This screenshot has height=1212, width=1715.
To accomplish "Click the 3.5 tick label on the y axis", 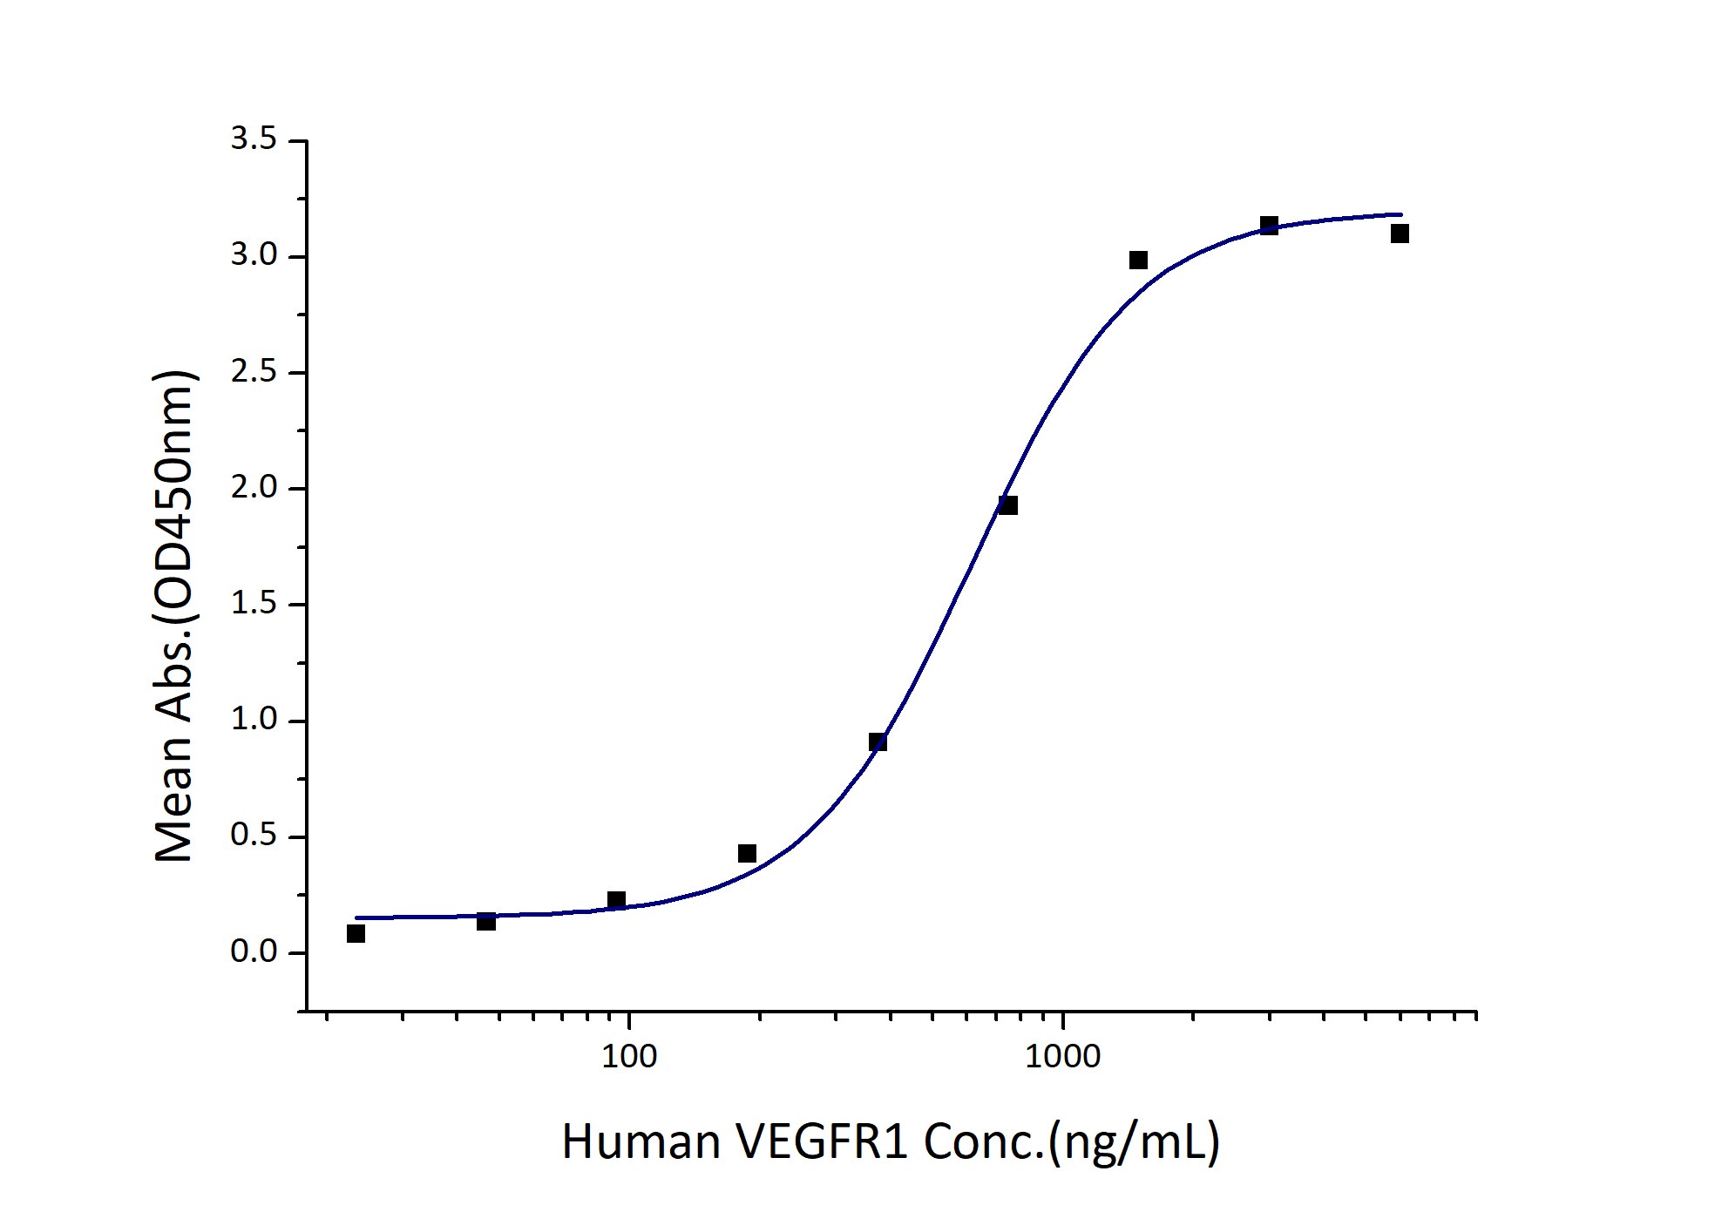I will click(x=253, y=141).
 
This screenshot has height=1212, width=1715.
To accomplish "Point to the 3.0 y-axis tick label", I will click(x=253, y=257).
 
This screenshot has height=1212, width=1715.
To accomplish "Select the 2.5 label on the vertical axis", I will click(x=253, y=373).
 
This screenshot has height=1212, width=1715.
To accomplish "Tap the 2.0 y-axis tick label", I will click(x=253, y=489).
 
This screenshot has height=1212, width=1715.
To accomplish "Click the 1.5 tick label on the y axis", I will click(x=253, y=605).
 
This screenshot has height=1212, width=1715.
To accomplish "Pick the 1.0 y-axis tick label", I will click(x=253, y=721).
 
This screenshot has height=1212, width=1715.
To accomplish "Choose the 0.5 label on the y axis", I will click(x=253, y=837).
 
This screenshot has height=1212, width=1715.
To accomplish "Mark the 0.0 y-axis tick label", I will click(x=253, y=953).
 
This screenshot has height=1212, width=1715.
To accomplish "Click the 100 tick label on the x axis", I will click(x=629, y=1057).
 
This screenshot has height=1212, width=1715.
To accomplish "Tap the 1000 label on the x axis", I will click(x=1062, y=1057).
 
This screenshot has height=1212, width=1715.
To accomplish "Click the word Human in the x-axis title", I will click(x=641, y=1142).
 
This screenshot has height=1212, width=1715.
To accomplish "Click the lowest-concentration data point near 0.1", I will click(x=356, y=934).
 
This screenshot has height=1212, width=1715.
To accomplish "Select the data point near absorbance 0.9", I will click(x=878, y=742).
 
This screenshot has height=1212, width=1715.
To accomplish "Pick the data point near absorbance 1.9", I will click(x=1008, y=505).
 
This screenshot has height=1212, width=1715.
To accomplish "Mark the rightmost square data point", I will click(x=1400, y=234).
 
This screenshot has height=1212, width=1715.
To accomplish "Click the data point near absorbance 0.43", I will click(x=747, y=854).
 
